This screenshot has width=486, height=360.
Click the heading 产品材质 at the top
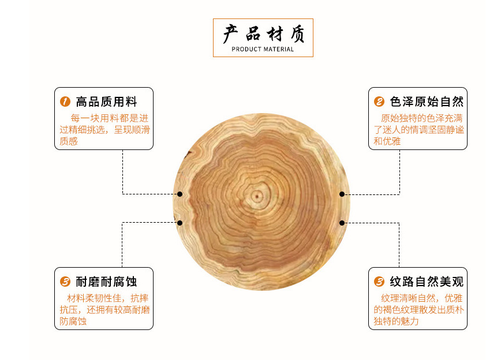point(263,33)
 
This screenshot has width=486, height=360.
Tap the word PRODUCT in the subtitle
point(246,50)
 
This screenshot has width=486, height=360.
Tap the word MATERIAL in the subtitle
point(279,50)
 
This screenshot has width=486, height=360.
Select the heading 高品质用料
point(107,102)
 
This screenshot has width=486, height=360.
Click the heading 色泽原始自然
point(427,102)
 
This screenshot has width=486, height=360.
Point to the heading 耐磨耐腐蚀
point(107,282)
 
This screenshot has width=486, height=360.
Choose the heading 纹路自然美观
point(427,282)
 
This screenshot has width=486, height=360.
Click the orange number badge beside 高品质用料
point(65,102)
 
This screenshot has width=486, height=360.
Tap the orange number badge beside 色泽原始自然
point(379,102)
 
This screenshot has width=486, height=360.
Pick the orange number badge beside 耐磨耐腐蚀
point(65,282)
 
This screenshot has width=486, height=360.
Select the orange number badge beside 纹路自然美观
point(379,282)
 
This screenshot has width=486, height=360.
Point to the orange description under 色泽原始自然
point(418,129)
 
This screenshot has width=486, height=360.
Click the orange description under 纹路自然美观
point(418,309)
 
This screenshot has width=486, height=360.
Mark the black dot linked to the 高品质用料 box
point(180,194)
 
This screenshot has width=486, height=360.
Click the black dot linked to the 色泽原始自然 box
point(342,194)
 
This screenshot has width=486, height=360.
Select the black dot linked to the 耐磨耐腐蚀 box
point(180,223)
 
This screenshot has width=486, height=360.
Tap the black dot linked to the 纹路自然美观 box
point(342,223)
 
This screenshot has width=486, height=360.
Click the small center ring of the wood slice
point(255,197)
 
